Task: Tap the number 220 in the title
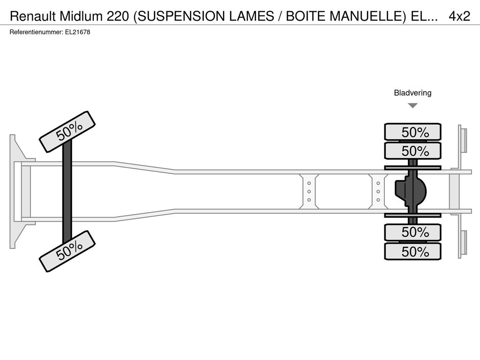[118, 16]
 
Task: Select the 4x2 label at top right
[459, 16]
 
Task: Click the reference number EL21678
[78, 32]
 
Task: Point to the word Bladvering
[412, 93]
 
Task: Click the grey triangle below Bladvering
[412, 105]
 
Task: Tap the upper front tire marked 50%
[67, 132]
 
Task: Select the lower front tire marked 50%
[67, 251]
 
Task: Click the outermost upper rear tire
[412, 132]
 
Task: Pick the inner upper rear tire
[412, 150]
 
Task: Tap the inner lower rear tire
[412, 232]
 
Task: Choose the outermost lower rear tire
[412, 251]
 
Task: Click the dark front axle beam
[67, 191]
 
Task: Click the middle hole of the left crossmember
[309, 192]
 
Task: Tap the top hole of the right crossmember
[378, 183]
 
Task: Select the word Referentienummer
[37, 32]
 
